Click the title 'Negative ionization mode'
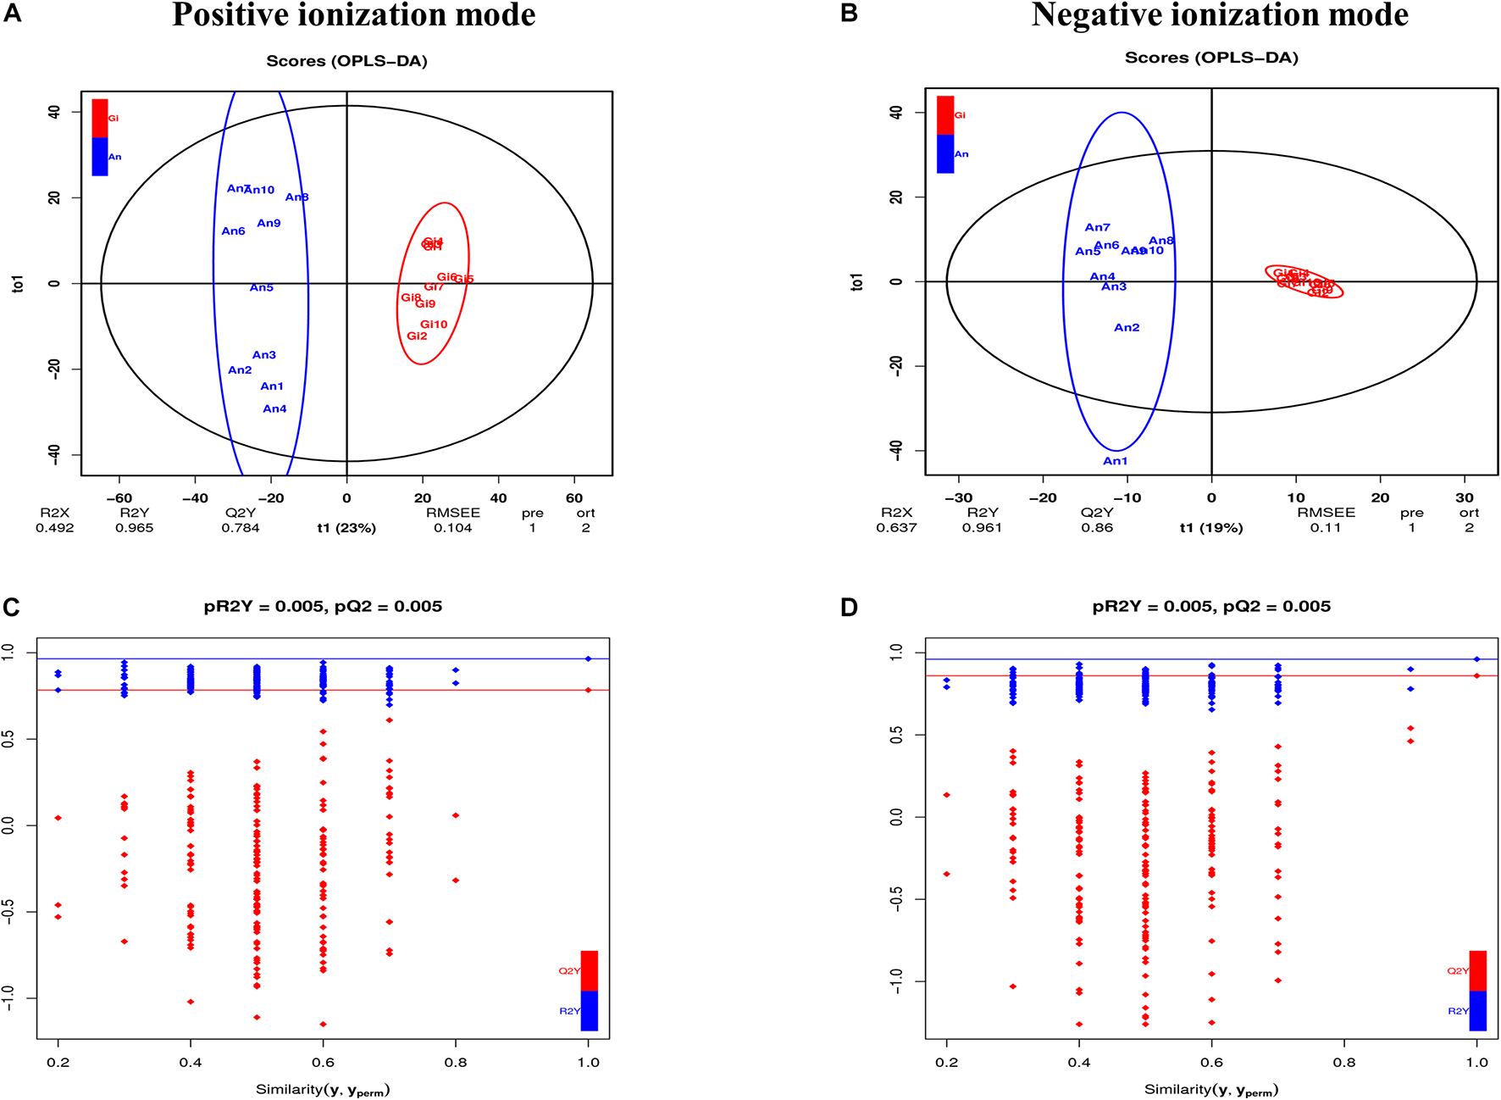[1220, 15]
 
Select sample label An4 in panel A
[274, 409]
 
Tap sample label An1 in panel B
[1115, 461]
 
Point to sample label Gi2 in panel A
[417, 336]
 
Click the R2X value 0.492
[54, 528]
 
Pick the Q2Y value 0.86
[1096, 527]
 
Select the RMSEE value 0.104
[452, 528]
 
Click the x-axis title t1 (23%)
[346, 528]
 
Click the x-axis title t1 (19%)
[1211, 527]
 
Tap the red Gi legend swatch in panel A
[100, 118]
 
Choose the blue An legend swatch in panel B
[945, 154]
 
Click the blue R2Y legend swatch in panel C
[590, 1010]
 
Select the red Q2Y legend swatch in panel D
[1477, 970]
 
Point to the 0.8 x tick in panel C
[456, 1062]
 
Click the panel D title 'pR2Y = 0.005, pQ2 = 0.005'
[1211, 606]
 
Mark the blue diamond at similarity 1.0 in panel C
[588, 658]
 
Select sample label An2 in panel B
[1127, 328]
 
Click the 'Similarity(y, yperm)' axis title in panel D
[1211, 1090]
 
